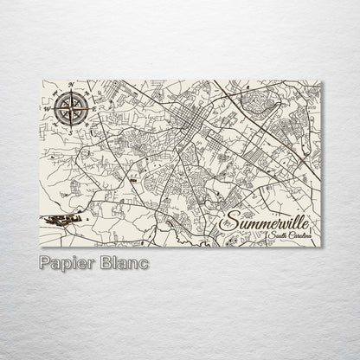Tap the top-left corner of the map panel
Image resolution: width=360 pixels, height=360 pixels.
point(41,81)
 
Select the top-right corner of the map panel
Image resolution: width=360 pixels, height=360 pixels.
point(321,81)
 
